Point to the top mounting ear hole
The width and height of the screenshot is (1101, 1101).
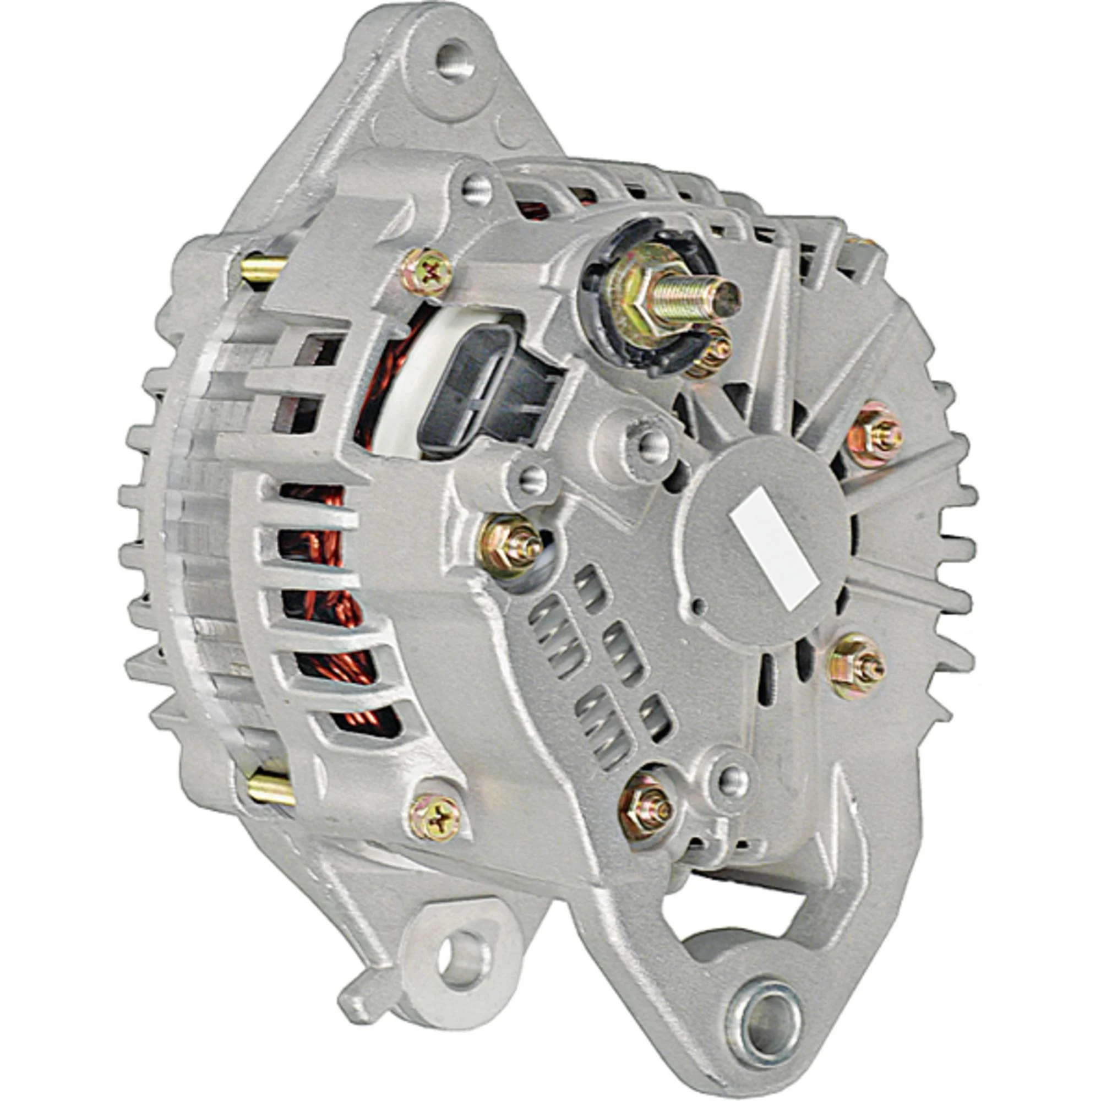pyautogui.click(x=454, y=61)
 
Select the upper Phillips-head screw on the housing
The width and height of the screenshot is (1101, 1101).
pyautogui.click(x=432, y=273)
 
